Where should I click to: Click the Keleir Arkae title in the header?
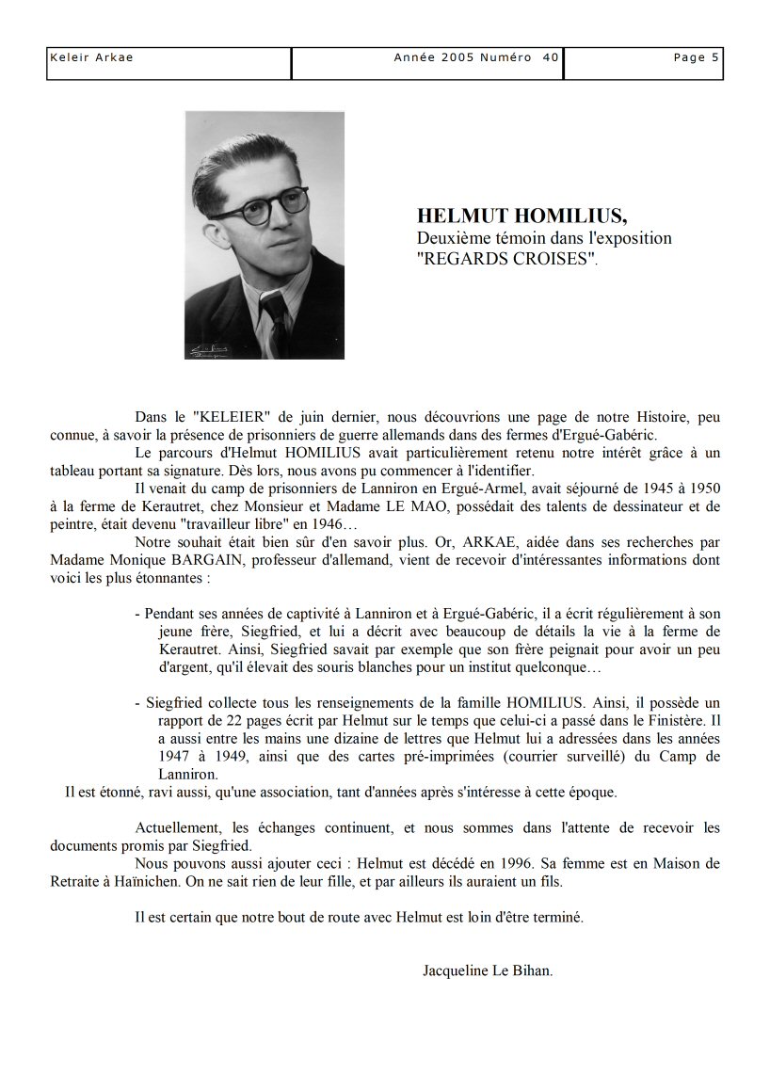91,57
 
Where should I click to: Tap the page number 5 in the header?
715,57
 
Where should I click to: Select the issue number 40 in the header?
551,57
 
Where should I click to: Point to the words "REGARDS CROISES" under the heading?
506,259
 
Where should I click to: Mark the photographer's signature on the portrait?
213,351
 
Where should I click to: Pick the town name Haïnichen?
153,882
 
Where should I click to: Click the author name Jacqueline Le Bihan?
488,970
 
